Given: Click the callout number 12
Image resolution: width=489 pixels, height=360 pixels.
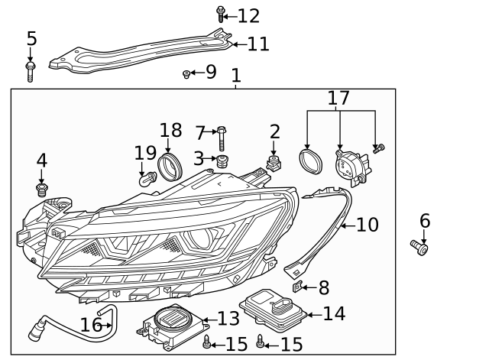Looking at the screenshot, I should pyautogui.click(x=248, y=16).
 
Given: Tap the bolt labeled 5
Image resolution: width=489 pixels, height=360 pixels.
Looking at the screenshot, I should pyautogui.click(x=31, y=72).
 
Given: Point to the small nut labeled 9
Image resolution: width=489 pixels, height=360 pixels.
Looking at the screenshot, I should pyautogui.click(x=186, y=74).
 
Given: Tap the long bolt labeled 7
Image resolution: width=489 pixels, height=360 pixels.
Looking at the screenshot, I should pyautogui.click(x=221, y=138).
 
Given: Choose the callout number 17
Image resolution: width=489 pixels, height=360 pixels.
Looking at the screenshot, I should pyautogui.click(x=338, y=99).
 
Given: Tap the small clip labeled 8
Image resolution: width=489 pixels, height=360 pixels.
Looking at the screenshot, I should pyautogui.click(x=300, y=287).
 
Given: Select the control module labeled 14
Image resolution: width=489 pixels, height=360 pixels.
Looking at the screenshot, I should pyautogui.click(x=274, y=310).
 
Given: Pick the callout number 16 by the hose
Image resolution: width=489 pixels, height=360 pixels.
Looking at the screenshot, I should pyautogui.click(x=91, y=325).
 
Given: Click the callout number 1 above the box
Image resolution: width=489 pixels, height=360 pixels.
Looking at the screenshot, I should pyautogui.click(x=236, y=76).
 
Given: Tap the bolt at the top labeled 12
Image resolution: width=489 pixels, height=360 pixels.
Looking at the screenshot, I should pyautogui.click(x=221, y=13).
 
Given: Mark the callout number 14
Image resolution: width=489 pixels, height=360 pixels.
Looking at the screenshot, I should pyautogui.click(x=333, y=313).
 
